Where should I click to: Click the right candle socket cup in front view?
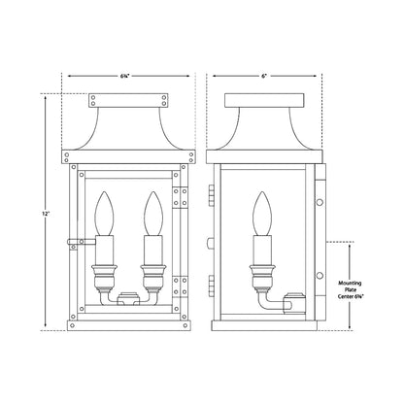pyautogui.click(x=151, y=268)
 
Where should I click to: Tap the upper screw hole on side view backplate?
pyautogui.click(x=320, y=203)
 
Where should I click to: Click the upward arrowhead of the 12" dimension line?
pyautogui.click(x=43, y=95)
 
